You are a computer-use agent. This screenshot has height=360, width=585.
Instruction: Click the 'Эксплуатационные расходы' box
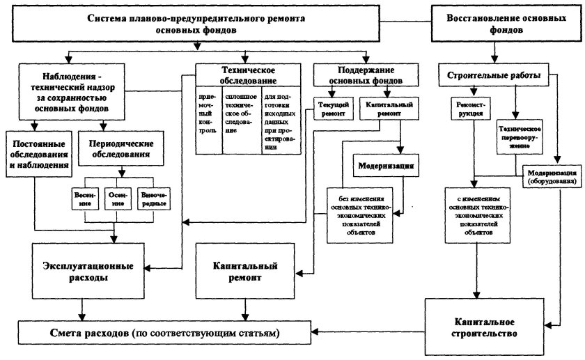click(84, 270)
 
